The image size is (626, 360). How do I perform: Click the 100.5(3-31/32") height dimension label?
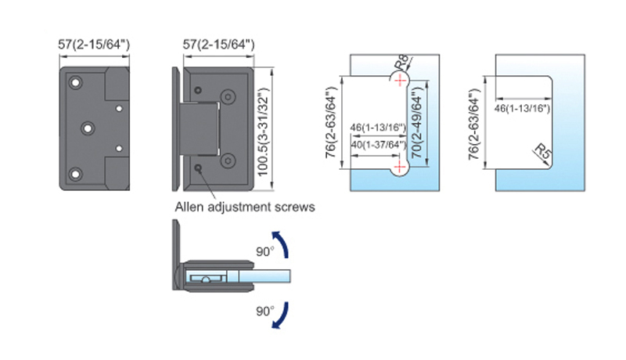point(263,131)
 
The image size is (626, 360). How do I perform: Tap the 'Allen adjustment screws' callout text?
point(245,207)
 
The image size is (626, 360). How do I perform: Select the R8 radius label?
point(402,63)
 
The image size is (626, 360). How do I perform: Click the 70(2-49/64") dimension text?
point(416,124)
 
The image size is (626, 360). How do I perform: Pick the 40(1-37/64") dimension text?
point(379,145)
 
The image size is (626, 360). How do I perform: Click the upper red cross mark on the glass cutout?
point(399,81)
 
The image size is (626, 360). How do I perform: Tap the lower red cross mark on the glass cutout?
point(399,167)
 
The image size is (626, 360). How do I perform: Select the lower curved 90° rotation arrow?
point(281,315)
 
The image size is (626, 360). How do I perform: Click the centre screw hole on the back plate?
point(88,128)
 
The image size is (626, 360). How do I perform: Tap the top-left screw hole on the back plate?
point(75,83)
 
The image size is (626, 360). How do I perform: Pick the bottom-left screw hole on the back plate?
point(75,174)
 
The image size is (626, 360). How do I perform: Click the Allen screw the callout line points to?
point(198,167)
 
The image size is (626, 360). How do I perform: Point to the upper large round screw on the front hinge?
point(228,96)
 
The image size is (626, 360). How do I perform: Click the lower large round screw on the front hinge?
point(228,161)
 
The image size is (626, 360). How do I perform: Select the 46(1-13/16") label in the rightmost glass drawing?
point(522,108)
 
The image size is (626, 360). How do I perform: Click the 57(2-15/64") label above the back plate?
point(94,45)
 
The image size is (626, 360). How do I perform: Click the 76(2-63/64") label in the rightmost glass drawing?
point(474,124)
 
